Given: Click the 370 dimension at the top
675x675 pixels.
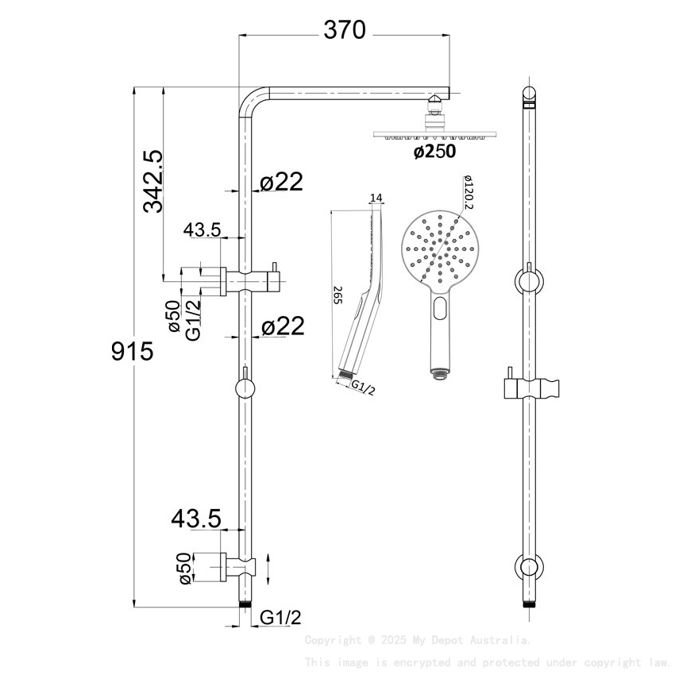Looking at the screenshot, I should tap(344, 30).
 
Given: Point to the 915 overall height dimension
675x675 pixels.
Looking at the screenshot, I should tap(131, 351).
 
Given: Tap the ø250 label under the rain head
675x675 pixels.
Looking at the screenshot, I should tap(434, 152).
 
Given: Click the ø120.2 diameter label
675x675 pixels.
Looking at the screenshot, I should tap(469, 194).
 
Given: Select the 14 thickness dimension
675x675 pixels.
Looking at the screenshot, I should tap(376, 198).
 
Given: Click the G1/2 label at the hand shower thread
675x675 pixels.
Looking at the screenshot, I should tap(362, 388).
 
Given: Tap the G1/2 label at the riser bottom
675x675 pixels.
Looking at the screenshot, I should tap(281, 617).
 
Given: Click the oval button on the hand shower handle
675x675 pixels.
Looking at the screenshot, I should tap(441, 310).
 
